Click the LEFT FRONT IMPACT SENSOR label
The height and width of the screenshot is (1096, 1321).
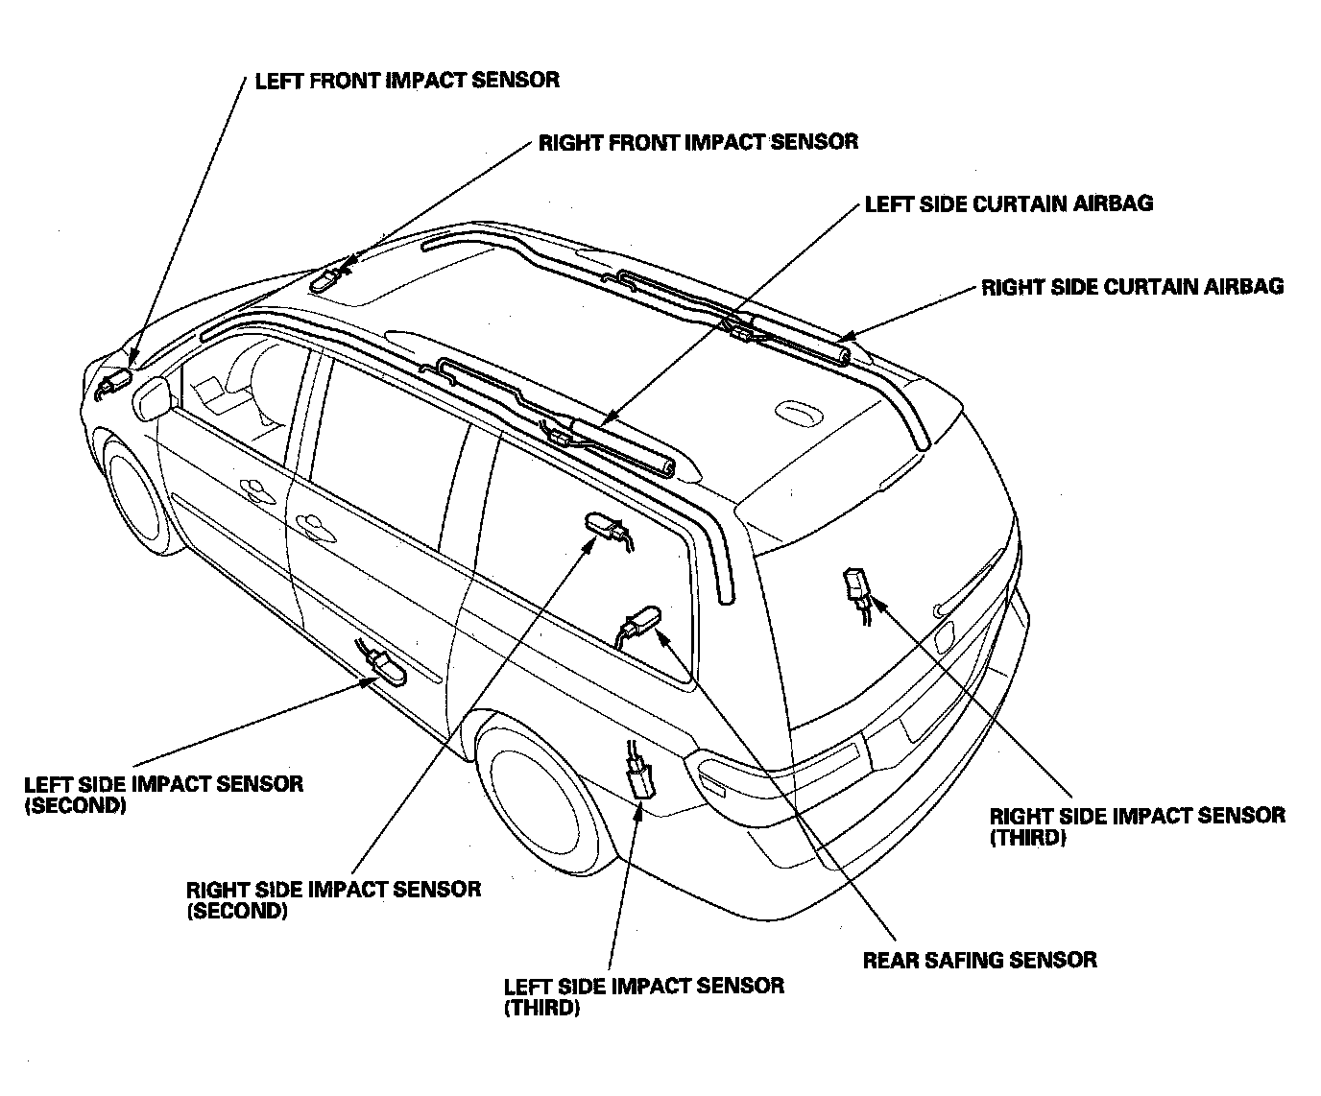click(x=406, y=80)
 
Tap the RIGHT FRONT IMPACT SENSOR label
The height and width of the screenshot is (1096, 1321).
click(x=698, y=143)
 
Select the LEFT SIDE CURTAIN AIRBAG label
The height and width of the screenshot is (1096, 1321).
click(x=1008, y=203)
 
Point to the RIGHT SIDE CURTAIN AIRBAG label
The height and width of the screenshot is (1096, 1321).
click(x=1132, y=287)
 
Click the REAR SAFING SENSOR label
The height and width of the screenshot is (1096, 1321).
click(x=979, y=960)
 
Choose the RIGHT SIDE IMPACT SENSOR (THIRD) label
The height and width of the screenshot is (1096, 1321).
click(x=1137, y=825)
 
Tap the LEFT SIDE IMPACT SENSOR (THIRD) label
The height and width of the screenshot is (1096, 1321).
click(x=643, y=996)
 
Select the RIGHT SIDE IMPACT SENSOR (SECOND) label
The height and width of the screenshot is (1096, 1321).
click(x=333, y=899)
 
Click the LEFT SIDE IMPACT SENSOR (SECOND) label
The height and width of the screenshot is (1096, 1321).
click(x=163, y=795)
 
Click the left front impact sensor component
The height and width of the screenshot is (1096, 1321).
click(x=113, y=384)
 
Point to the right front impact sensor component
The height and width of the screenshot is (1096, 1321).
click(x=327, y=278)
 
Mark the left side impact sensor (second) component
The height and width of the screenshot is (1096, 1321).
click(x=386, y=666)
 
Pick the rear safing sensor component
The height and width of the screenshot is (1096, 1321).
click(x=641, y=622)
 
